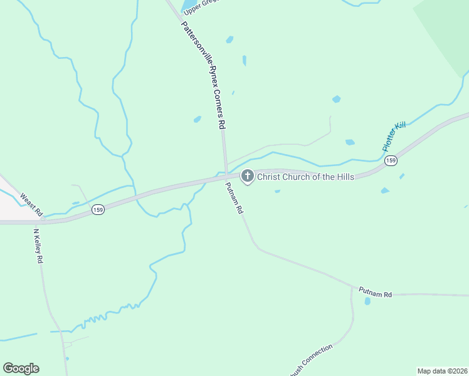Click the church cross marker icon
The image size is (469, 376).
(247, 177)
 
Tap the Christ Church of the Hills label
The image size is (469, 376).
(305, 177)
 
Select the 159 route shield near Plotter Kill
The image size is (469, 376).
(391, 161)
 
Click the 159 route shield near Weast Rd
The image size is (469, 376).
(97, 210)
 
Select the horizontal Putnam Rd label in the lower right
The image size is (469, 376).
(375, 291)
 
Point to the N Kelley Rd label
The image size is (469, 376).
(38, 246)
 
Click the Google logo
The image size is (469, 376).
(21, 368)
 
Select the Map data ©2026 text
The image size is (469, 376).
(442, 371)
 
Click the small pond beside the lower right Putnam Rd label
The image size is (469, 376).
(367, 301)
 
